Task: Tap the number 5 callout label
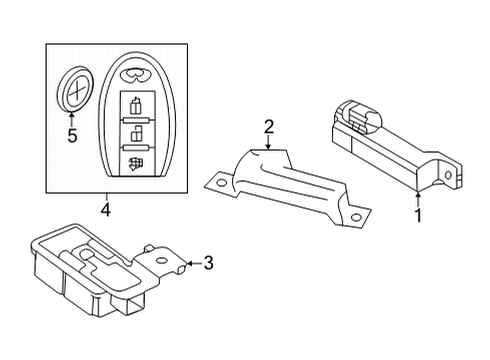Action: [x=71, y=135]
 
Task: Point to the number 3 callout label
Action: [x=208, y=263]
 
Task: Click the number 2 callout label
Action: [x=268, y=126]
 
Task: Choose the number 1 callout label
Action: [x=418, y=213]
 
